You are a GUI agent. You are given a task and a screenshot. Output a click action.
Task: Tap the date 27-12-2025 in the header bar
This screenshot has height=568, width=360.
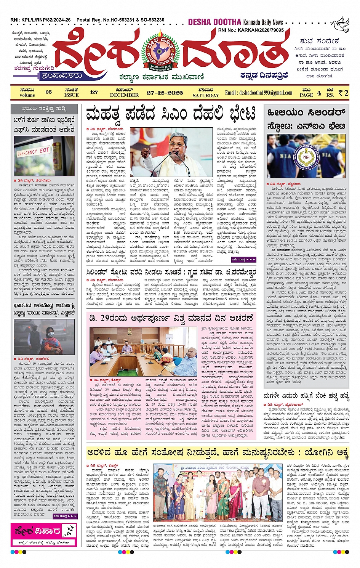[x=165, y=93]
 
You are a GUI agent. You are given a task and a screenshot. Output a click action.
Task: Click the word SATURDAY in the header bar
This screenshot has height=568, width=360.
[x=206, y=95]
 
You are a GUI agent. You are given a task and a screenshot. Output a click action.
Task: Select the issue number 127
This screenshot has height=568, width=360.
[x=94, y=92]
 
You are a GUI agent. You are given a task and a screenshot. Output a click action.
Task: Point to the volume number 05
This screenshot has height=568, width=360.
[x=48, y=92]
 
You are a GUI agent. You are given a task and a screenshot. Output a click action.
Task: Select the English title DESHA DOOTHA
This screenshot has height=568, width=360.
[x=215, y=22]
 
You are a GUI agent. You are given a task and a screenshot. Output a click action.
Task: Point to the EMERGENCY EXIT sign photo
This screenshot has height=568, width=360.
[x=34, y=152]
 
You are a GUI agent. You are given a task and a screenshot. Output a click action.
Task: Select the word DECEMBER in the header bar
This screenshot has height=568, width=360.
[x=124, y=95]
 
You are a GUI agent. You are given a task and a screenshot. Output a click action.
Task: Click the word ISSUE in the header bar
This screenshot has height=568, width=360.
[x=71, y=95]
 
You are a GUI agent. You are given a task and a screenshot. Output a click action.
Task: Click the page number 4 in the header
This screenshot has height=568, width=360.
[x=318, y=93]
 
